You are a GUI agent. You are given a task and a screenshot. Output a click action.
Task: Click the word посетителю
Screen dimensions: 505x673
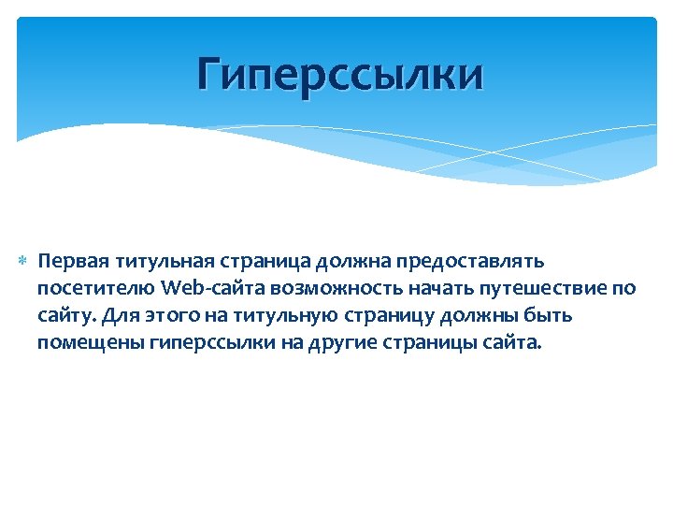point(96,286)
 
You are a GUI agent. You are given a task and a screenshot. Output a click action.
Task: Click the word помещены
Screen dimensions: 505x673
point(90,342)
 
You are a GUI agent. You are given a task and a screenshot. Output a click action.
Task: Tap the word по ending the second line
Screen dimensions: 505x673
point(625,286)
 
